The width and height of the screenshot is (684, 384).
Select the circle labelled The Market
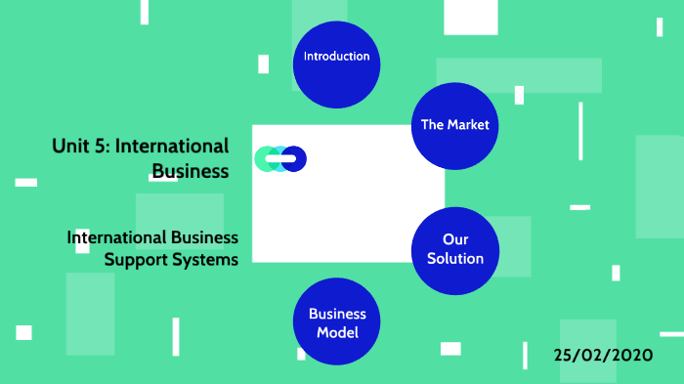[x=454, y=125]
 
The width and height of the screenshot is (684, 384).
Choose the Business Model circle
[x=337, y=322]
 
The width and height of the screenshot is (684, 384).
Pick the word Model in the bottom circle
[x=337, y=332]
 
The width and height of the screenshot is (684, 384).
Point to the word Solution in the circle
[x=454, y=259]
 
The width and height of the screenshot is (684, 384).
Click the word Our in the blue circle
[x=454, y=240]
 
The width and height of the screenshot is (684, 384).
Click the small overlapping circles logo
[x=280, y=158]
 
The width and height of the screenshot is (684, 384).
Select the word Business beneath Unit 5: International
[x=190, y=171]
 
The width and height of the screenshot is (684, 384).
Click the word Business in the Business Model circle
[x=337, y=314]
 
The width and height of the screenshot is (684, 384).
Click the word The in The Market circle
[x=432, y=125]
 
